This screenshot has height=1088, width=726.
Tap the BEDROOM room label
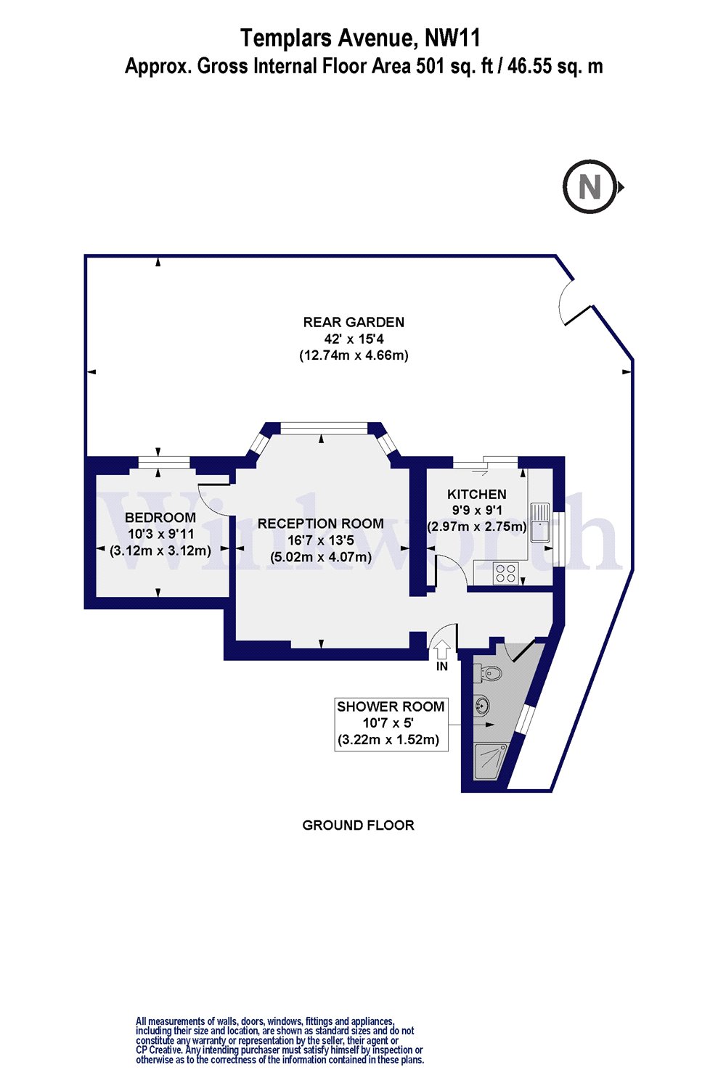coord(160,517)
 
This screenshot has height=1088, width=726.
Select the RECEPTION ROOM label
coord(320,524)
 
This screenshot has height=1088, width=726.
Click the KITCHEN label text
coord(476,494)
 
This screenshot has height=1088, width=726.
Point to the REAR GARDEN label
coord(354,322)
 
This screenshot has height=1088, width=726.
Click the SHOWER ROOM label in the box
coord(391,706)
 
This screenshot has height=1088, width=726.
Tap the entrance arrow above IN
coord(441,649)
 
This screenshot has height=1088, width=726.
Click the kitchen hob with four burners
coord(505,573)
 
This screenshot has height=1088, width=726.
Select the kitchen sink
coord(539,523)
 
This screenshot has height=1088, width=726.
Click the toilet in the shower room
coord(487,673)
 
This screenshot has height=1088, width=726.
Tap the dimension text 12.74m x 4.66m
coord(354,355)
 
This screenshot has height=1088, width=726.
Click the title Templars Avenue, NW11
coord(360,38)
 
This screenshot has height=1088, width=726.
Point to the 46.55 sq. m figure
coord(555,65)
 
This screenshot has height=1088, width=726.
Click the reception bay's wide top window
coord(324,427)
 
